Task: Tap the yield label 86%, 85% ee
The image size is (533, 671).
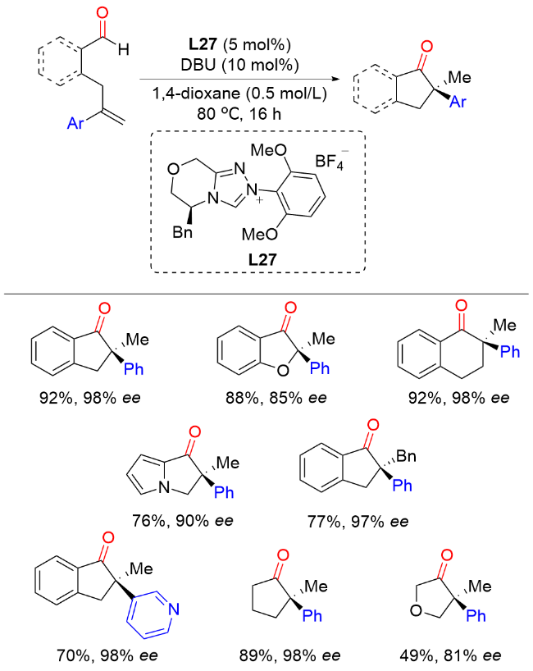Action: click(266, 399)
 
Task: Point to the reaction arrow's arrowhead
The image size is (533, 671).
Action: click(341, 80)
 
